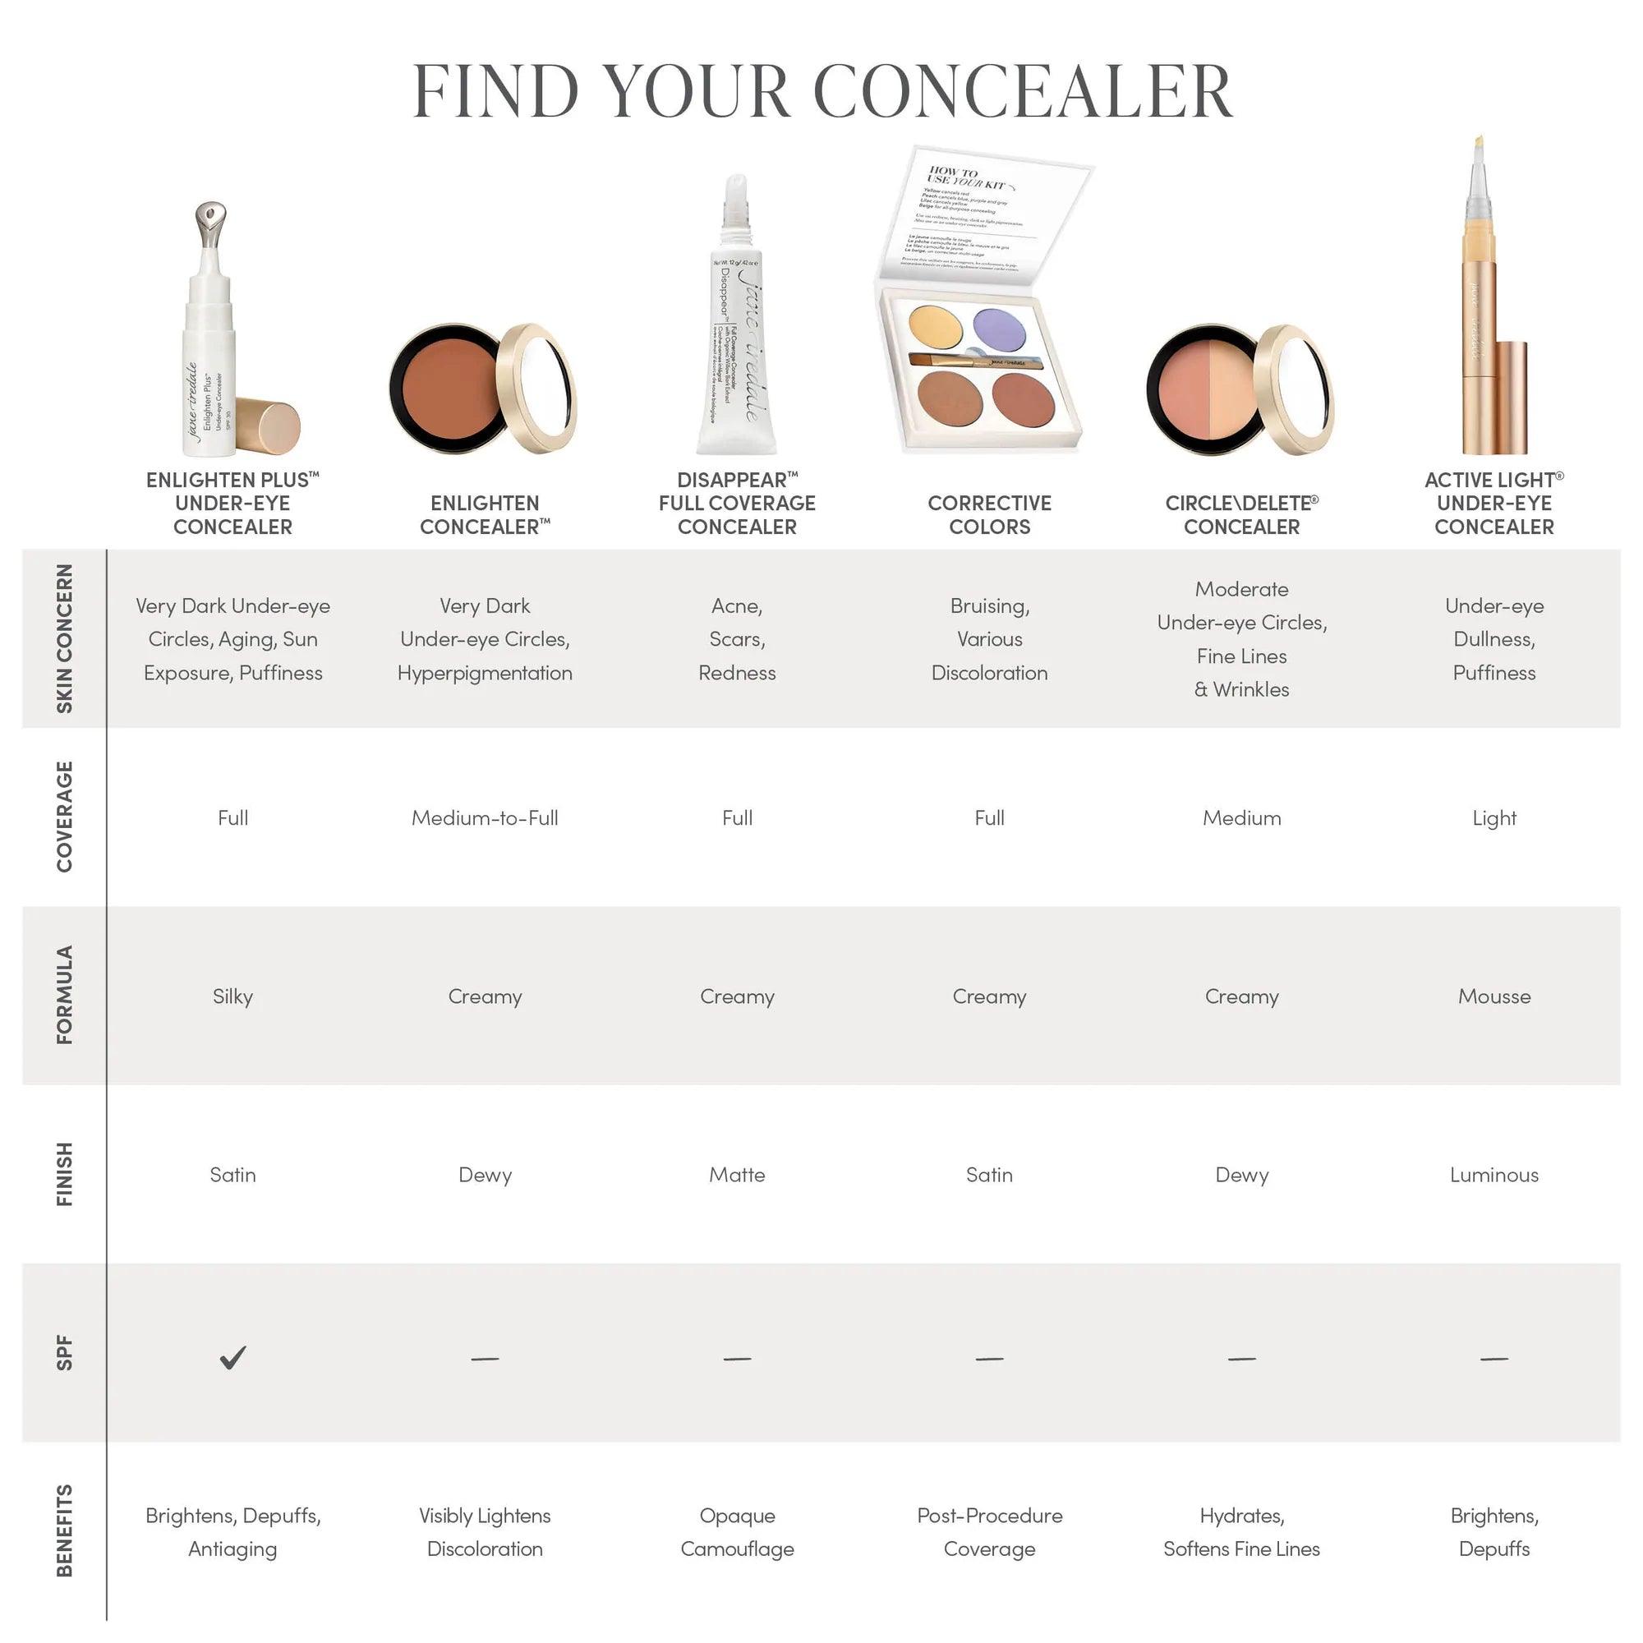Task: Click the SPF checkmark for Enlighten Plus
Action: (x=232, y=1357)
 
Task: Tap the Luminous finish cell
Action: (x=1493, y=1175)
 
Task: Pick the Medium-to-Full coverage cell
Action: (x=485, y=817)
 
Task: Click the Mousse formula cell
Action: (x=1493, y=996)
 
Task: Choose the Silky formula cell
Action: (x=232, y=996)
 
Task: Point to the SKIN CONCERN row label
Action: (x=65, y=637)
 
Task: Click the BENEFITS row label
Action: (x=65, y=1530)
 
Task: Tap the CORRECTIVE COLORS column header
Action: (x=989, y=514)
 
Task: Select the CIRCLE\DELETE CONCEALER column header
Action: (x=1240, y=514)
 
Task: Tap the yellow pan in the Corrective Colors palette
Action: (x=936, y=324)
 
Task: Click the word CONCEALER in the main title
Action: (x=1023, y=91)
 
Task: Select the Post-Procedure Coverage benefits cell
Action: (x=989, y=1531)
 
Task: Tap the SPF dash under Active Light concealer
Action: (x=1493, y=1359)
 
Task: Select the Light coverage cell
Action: (x=1493, y=817)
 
